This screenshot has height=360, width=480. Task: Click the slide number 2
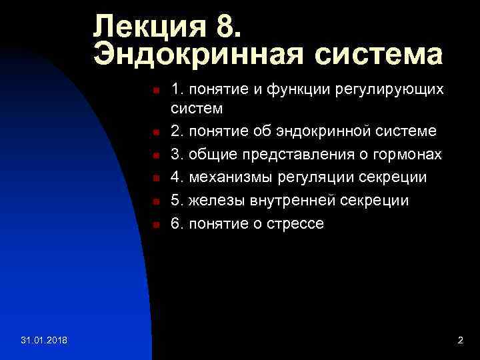[460, 341]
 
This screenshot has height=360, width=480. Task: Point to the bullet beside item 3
[155, 155]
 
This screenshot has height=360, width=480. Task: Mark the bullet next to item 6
[155, 225]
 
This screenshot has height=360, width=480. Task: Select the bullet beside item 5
[155, 201]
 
